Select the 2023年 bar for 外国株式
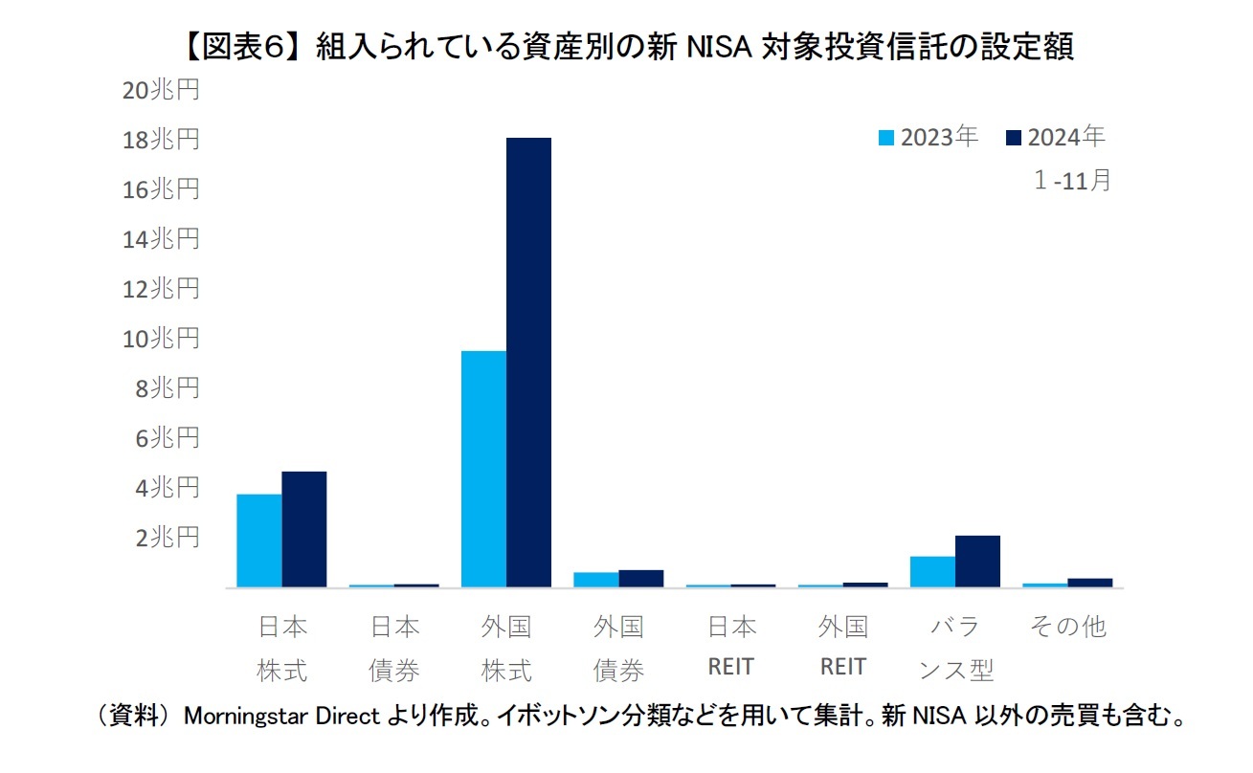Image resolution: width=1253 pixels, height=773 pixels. tap(483, 469)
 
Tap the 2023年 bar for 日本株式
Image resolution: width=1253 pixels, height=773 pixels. tap(259, 541)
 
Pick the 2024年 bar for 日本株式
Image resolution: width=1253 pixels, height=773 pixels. tap(304, 529)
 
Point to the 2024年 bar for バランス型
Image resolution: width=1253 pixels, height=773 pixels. tap(977, 562)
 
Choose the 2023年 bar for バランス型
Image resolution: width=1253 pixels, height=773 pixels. tap(932, 571)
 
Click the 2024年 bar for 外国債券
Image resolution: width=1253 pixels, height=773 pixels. tap(640, 578)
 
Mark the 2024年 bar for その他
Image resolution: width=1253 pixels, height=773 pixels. tap(1089, 582)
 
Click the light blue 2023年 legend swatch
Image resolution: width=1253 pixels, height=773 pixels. tap(885, 139)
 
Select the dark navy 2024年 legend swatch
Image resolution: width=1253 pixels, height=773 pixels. tap(1015, 139)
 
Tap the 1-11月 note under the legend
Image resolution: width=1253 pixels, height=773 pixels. tap(1072, 180)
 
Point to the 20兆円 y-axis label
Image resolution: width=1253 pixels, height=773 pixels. tap(161, 90)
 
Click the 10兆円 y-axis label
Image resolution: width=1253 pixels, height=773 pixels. tap(161, 339)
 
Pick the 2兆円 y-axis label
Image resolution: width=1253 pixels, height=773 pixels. tap(168, 538)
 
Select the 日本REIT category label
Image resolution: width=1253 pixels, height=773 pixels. tap(731, 647)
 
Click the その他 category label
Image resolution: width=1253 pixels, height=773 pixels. tap(1067, 627)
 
